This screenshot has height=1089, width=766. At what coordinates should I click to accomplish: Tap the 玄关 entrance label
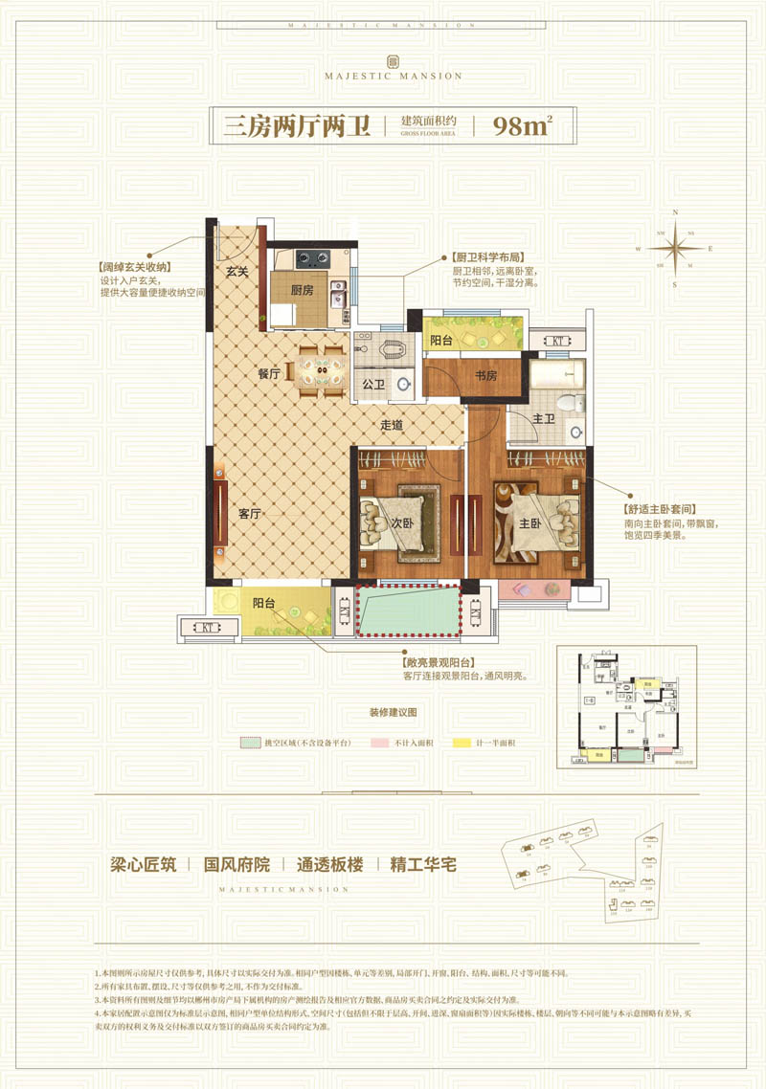237,272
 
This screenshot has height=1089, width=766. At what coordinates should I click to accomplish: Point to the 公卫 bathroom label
372,385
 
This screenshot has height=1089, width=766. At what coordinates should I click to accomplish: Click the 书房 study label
485,375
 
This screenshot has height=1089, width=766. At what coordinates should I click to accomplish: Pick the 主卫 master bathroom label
545,417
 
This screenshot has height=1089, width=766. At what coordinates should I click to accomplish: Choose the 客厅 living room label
250,513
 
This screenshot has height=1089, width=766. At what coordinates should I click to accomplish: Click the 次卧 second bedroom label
400,524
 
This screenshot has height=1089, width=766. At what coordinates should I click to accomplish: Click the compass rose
677,247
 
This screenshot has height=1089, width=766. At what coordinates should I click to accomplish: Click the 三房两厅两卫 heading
297,126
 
